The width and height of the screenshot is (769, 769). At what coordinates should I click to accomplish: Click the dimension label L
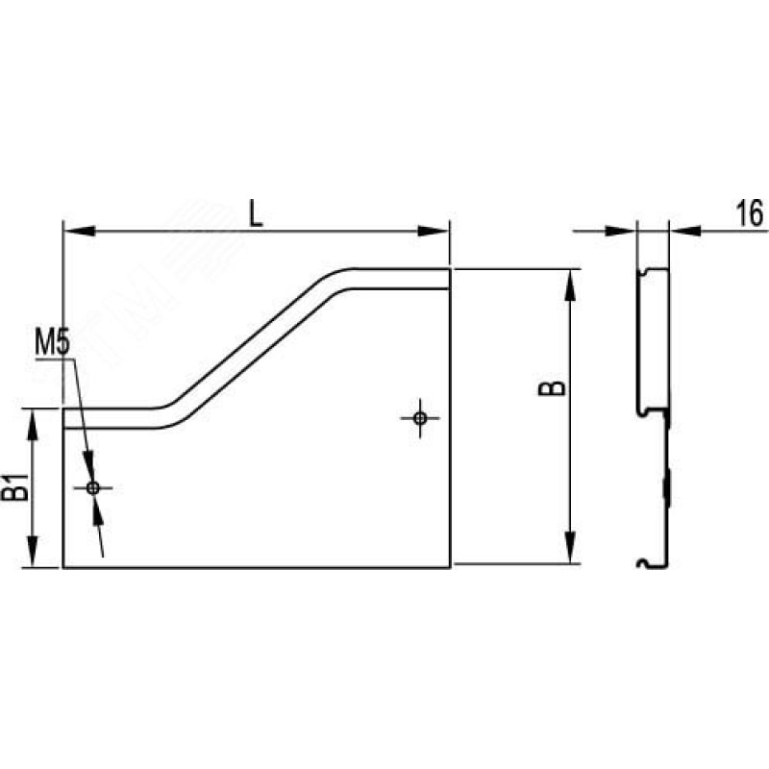(x=256, y=213)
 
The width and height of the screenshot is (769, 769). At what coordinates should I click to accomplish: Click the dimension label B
(x=552, y=388)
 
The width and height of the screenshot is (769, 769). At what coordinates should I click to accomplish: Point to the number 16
(x=750, y=213)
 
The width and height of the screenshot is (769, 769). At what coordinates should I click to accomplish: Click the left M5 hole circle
(x=92, y=487)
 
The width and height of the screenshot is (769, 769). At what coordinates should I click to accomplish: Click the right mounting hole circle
(x=420, y=418)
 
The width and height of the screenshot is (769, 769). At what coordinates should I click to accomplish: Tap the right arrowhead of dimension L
(x=434, y=231)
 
